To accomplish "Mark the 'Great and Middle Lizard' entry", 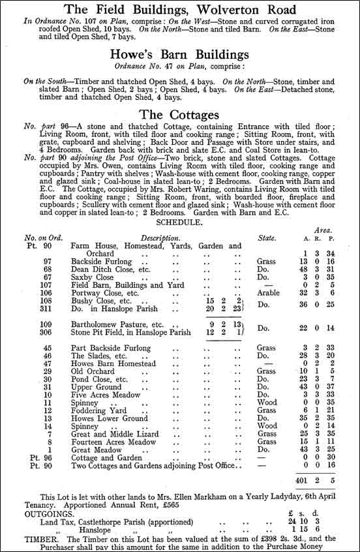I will point(114,434).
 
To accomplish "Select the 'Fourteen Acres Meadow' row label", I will point(113,442).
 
